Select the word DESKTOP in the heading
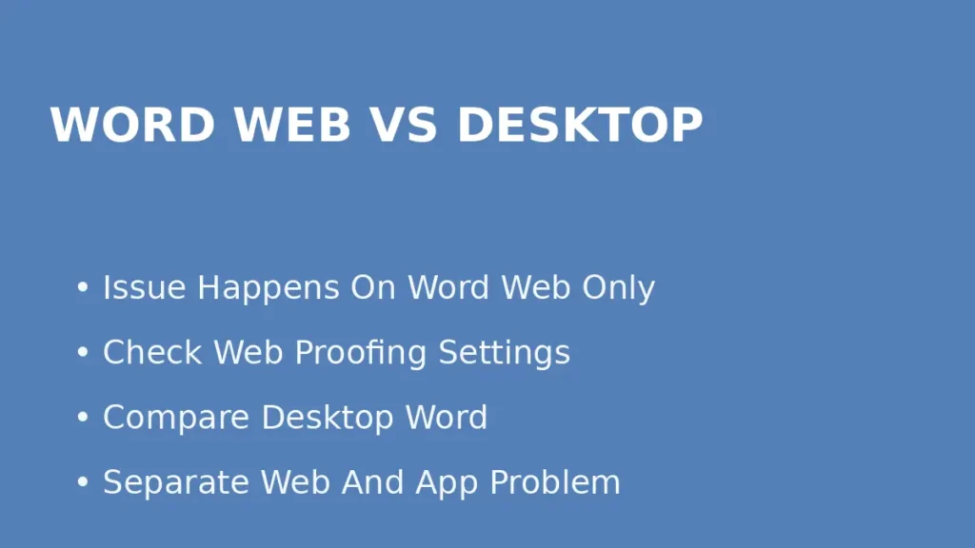[580, 125]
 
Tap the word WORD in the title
[132, 125]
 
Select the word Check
[152, 352]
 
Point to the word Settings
[504, 354]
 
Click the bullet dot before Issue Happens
[83, 288]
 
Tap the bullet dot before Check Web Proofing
[83, 353]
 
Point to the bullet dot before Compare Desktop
[83, 418]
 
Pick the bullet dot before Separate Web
[83, 482]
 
